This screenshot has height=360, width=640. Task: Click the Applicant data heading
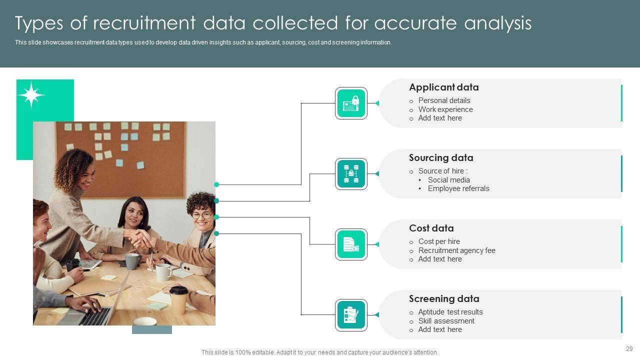(x=443, y=87)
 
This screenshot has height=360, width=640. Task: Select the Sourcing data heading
(x=440, y=158)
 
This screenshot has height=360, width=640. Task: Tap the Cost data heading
(x=431, y=228)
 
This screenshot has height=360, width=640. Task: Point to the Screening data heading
(x=443, y=299)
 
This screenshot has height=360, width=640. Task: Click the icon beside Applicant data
(x=351, y=103)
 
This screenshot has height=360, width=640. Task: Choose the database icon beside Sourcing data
(x=351, y=174)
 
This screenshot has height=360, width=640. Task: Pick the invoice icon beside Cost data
(x=351, y=244)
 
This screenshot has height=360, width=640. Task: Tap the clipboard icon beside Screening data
(x=351, y=315)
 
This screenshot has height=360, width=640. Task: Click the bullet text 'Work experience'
(x=445, y=109)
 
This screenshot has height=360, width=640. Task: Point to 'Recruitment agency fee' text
(x=456, y=250)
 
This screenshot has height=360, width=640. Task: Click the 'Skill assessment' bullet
(x=446, y=321)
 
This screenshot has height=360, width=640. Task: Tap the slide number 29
(x=629, y=349)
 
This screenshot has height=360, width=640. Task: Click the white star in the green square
(x=31, y=94)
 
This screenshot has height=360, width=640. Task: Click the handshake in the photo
(x=140, y=238)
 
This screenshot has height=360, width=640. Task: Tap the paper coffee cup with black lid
(x=178, y=299)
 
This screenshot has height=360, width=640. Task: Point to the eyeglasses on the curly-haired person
(x=201, y=215)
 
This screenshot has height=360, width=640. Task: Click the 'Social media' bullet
(x=448, y=180)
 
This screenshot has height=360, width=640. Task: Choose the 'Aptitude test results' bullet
(x=450, y=312)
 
